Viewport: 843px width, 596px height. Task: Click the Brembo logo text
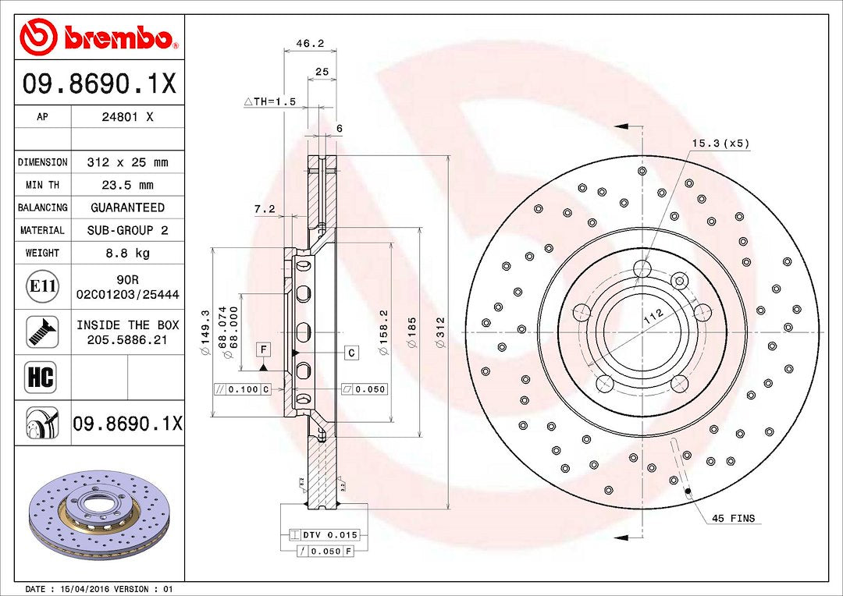[117, 37]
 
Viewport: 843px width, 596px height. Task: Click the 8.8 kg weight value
[128, 253]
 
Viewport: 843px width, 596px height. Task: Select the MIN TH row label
[42, 185]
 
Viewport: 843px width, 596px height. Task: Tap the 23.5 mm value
[128, 185]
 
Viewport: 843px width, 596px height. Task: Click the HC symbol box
[42, 378]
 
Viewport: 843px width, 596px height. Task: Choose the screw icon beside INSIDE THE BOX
[42, 332]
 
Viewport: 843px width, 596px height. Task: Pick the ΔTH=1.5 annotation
[270, 101]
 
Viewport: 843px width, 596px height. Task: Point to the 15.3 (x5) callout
[720, 143]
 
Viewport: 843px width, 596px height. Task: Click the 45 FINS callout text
[733, 519]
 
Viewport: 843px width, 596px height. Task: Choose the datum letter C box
[352, 353]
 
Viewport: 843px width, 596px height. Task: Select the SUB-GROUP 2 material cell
[128, 230]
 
